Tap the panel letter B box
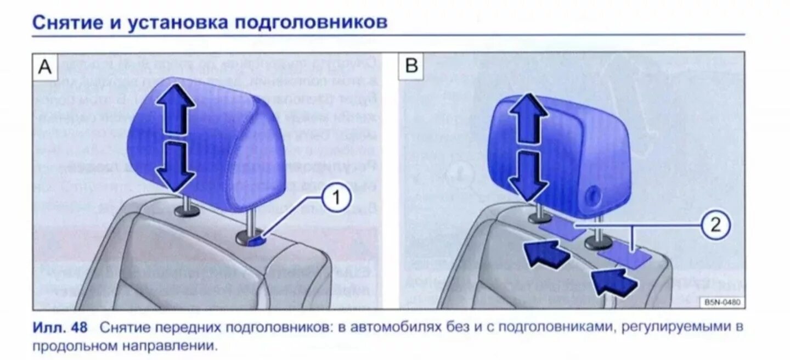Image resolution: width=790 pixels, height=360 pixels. tap(411, 67)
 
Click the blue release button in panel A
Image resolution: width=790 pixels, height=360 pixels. tap(256, 239)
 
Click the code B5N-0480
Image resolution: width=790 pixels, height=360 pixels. tap(721, 302)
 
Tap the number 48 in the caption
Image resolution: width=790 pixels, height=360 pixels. tap(79, 328)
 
